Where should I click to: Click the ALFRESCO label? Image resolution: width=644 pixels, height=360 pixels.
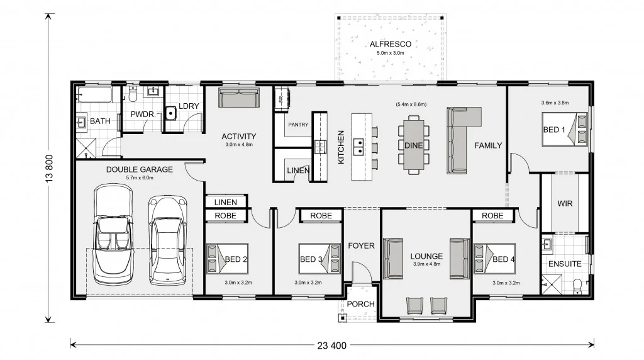click(390, 44)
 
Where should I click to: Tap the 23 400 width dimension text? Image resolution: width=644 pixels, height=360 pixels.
click(332, 346)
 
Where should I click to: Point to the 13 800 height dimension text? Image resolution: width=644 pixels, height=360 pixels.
click(49, 168)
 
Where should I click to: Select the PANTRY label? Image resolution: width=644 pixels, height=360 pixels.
click(298, 125)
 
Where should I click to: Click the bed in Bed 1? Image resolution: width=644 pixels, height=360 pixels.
click(564, 130)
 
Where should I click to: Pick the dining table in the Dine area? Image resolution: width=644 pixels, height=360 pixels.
click(414, 145)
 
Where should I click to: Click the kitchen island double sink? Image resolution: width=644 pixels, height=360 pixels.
click(358, 146)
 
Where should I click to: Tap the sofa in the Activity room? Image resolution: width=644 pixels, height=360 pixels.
click(238, 98)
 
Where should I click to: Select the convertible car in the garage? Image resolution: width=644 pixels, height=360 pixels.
click(113, 234)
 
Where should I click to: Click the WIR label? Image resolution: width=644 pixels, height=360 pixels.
click(565, 203)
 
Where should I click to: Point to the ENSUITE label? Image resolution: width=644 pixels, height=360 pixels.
click(565, 264)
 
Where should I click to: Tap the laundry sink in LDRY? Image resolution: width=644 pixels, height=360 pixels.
click(171, 113)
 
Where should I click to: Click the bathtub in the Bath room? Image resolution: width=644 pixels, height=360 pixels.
click(94, 95)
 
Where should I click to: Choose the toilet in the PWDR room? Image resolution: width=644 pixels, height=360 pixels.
click(133, 94)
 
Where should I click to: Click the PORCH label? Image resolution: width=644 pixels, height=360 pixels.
click(360, 304)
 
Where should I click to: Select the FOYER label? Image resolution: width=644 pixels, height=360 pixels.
click(361, 245)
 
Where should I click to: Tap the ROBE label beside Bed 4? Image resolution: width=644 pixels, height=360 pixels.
click(492, 216)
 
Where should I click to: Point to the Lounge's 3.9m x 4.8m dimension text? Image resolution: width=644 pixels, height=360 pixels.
click(426, 264)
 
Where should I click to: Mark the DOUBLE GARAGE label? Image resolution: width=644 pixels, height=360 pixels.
click(140, 169)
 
